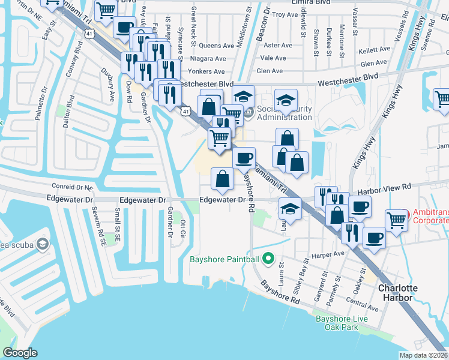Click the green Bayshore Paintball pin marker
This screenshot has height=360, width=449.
(268, 259)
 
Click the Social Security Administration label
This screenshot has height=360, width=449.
(285, 113)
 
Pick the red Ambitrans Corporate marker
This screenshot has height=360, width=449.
(405, 214)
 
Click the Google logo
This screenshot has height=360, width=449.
(20, 353)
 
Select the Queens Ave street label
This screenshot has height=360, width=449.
(215, 45)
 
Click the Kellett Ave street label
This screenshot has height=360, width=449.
(375, 51)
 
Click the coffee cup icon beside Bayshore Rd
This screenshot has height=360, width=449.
(244, 158)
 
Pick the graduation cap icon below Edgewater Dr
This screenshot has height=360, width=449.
(290, 209)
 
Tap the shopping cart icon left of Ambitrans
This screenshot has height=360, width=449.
(396, 220)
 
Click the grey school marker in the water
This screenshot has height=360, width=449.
(43, 244)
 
